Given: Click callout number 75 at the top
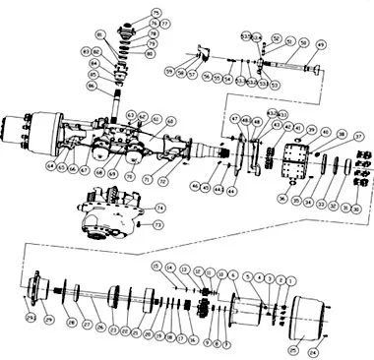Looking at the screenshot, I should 156,13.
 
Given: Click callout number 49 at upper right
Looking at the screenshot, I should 320,45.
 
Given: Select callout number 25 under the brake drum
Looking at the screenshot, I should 291,348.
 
